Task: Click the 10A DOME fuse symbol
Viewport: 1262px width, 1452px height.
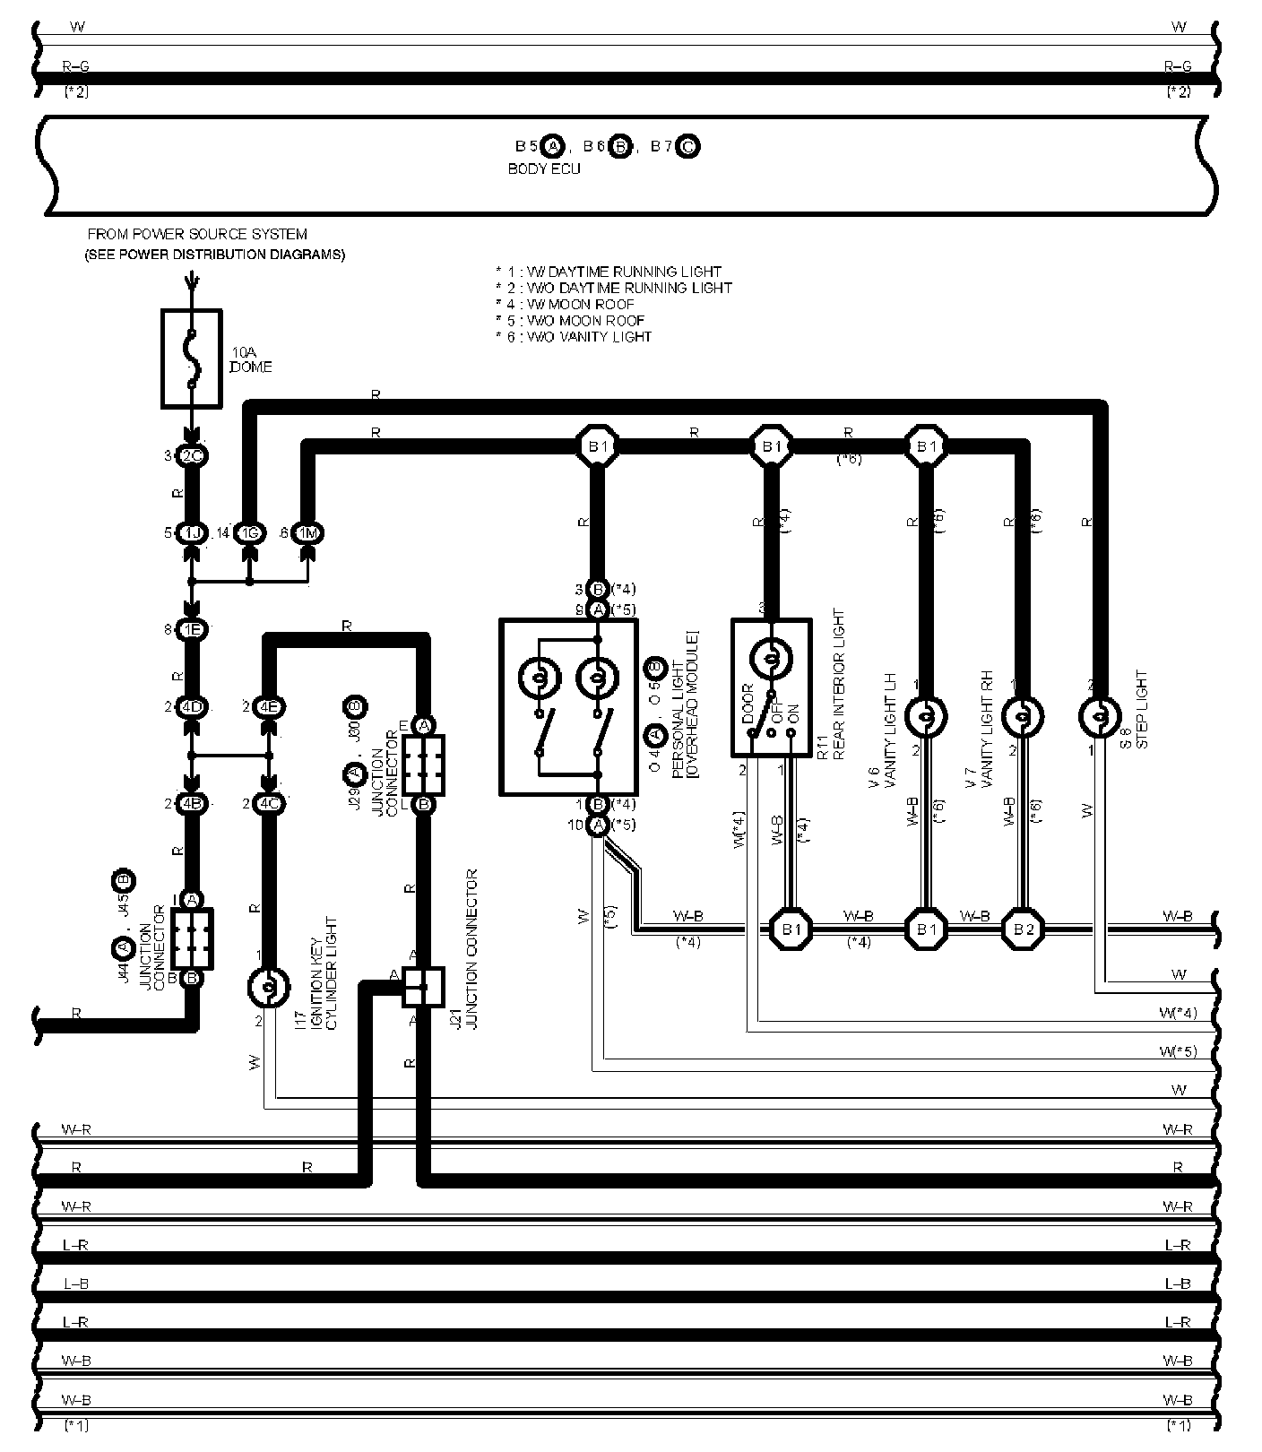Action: pyautogui.click(x=191, y=359)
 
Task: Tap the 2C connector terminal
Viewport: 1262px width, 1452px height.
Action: pyautogui.click(x=192, y=456)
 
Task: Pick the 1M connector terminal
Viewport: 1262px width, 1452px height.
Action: pyautogui.click(x=308, y=533)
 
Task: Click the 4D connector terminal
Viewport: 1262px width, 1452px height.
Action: pyautogui.click(x=192, y=706)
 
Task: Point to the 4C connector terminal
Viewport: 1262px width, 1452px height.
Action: pyautogui.click(x=268, y=803)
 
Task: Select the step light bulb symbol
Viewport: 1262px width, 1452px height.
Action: pyautogui.click(x=1097, y=716)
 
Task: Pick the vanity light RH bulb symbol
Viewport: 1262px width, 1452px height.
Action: pyautogui.click(x=1024, y=716)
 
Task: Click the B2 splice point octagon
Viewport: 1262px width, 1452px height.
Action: pyautogui.click(x=1024, y=929)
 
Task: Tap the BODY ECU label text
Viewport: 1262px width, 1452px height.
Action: pyautogui.click(x=544, y=169)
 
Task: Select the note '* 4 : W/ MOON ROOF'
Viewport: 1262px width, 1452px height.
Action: pyautogui.click(x=565, y=304)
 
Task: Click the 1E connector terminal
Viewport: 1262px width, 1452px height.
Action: pyautogui.click(x=192, y=629)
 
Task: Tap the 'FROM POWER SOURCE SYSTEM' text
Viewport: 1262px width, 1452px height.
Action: pyautogui.click(x=197, y=234)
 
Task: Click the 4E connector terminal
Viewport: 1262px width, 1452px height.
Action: pyautogui.click(x=268, y=706)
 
